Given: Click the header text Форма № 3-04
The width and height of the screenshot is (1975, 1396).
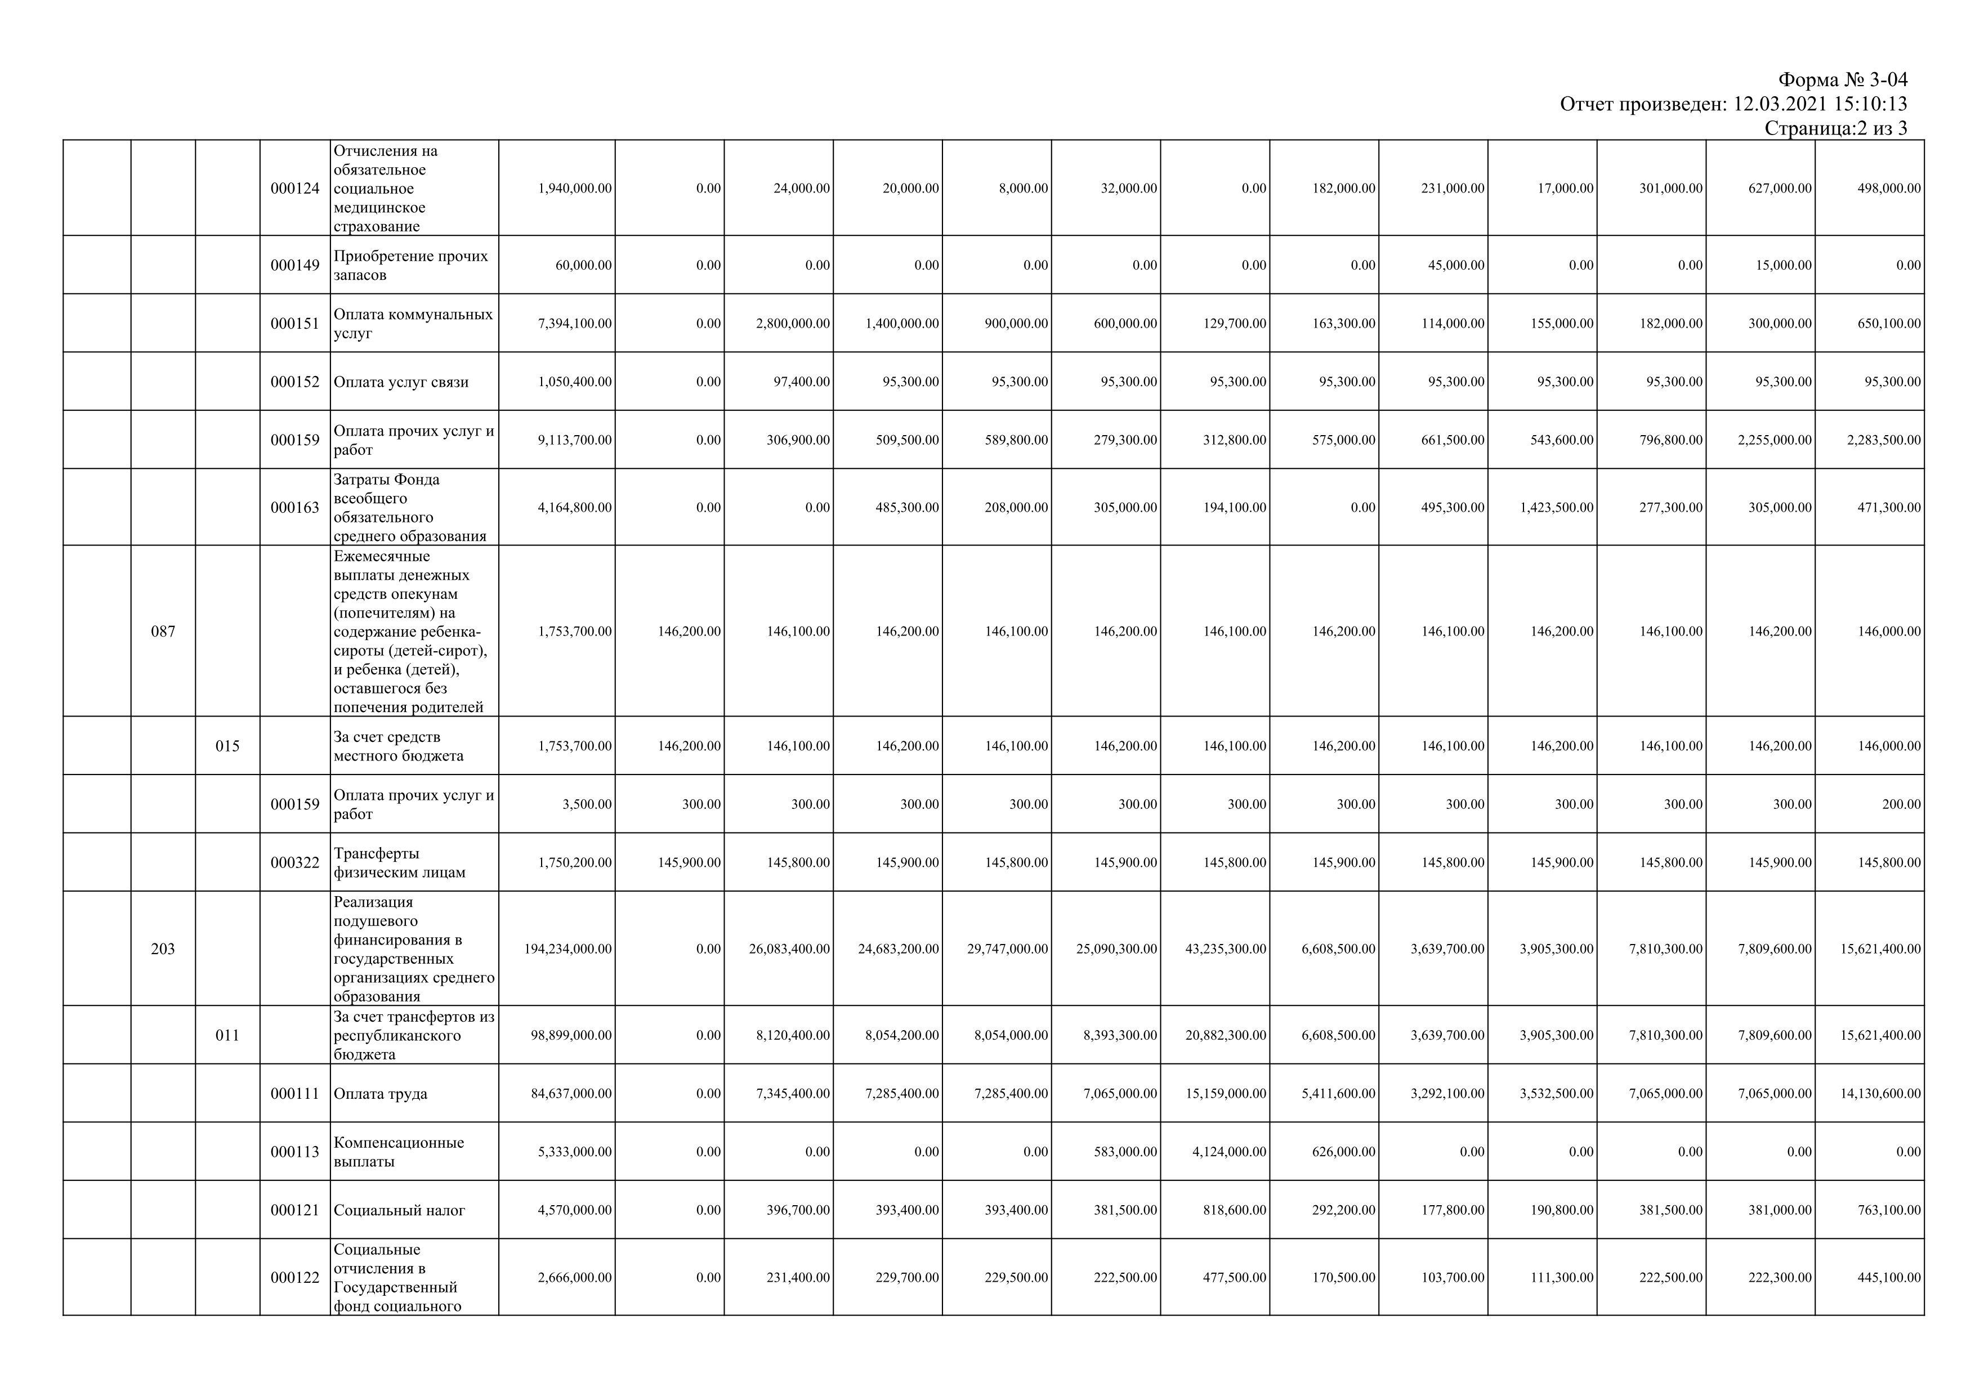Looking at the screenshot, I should point(1843,80).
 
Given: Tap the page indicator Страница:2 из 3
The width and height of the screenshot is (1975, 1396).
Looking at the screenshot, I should point(1835,128).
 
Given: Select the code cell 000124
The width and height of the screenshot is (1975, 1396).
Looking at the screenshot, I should point(294,189).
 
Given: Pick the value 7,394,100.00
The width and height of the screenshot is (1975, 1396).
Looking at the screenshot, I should point(575,324).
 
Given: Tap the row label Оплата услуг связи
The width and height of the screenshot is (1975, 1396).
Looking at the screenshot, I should point(401,382).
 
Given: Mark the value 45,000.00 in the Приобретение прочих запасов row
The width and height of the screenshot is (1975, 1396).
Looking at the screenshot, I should point(1456,266).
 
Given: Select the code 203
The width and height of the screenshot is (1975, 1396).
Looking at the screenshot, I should point(163,948).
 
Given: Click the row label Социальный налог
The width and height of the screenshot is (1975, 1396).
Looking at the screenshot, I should point(399,1210).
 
